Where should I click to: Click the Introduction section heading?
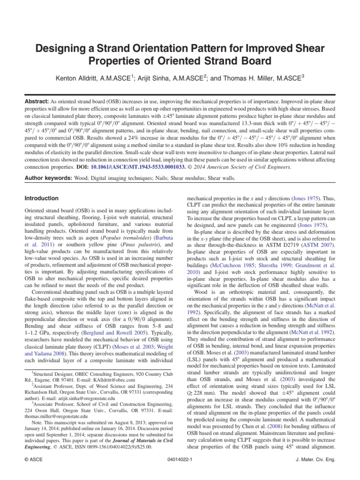pos(41,198)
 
